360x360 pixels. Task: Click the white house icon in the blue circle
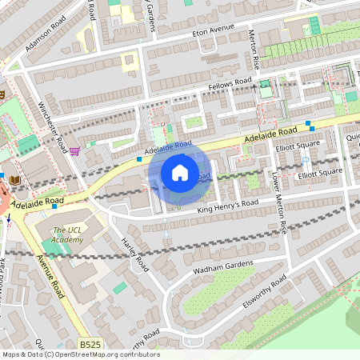coord(180,173)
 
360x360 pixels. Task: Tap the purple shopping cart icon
coord(74,150)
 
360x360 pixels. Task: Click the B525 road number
coord(90,344)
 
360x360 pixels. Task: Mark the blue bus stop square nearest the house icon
coord(139,159)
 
